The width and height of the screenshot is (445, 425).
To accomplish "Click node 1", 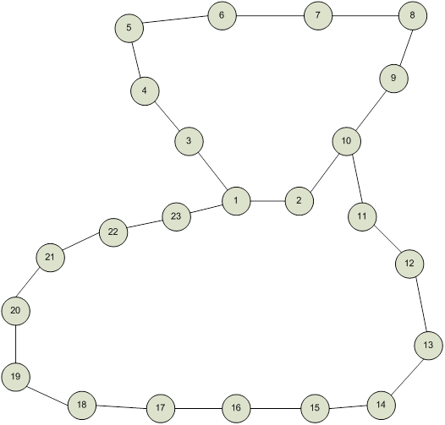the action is click(x=236, y=201).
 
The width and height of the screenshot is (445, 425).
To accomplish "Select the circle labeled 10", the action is click(x=347, y=141).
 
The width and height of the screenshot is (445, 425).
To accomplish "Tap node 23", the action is click(x=176, y=217).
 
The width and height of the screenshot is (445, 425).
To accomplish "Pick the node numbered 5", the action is click(x=129, y=28).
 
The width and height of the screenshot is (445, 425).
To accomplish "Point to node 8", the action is click(x=413, y=15).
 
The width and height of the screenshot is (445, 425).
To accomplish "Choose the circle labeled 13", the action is click(x=428, y=346).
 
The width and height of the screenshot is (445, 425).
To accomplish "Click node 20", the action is click(x=15, y=311).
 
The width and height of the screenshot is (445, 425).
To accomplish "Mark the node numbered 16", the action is click(x=236, y=408).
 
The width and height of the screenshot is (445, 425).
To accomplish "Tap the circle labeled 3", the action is click(x=189, y=141).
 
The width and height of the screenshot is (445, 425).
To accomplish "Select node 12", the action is click(x=409, y=264).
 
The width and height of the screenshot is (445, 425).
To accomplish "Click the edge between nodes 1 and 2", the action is click(x=268, y=201).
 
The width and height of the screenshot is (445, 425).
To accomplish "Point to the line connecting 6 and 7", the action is click(x=270, y=15).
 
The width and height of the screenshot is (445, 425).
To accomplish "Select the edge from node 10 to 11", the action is click(x=357, y=179).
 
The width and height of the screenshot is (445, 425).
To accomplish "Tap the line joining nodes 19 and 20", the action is click(x=15, y=344).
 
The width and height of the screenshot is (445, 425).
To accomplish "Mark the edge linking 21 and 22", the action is click(x=81, y=242).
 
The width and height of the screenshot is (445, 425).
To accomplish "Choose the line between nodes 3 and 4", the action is click(x=167, y=116).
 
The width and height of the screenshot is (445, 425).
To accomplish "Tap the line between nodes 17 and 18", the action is click(x=121, y=407).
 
